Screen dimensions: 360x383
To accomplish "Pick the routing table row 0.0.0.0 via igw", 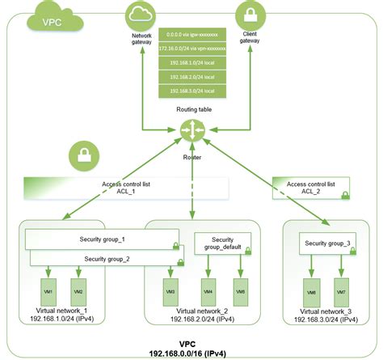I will (194, 35).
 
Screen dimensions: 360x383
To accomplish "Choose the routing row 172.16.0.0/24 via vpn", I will (194, 48).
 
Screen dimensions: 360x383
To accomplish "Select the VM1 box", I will (50, 291).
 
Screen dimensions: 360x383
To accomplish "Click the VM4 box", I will (208, 291).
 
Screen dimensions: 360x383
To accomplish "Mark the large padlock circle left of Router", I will (84, 153).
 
